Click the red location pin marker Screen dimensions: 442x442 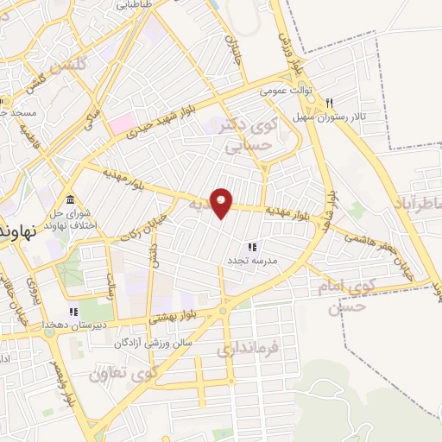click(x=222, y=203)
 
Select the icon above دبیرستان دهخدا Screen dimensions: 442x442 click(x=74, y=312)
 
